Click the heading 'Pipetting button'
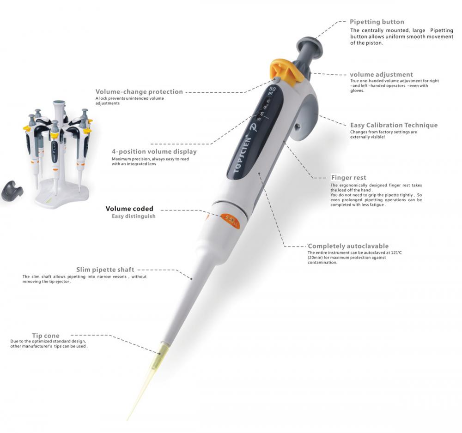pos(377,22)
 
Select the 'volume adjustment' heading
pos(381,74)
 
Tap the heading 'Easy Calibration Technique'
pos(394,125)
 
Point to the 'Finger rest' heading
pos(348,178)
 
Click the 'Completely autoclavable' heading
pos(348,246)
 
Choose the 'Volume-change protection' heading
pos(139,91)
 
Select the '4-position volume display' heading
pos(154,151)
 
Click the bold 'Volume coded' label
pos(129,209)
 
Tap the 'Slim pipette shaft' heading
pos(105,270)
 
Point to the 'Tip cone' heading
pos(46,336)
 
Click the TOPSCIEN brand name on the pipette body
pos(243,155)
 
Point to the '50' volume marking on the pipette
pos(273,89)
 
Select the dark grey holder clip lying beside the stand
pos(12,191)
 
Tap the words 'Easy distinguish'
pos(134,216)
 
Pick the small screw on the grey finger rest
pos(298,126)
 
